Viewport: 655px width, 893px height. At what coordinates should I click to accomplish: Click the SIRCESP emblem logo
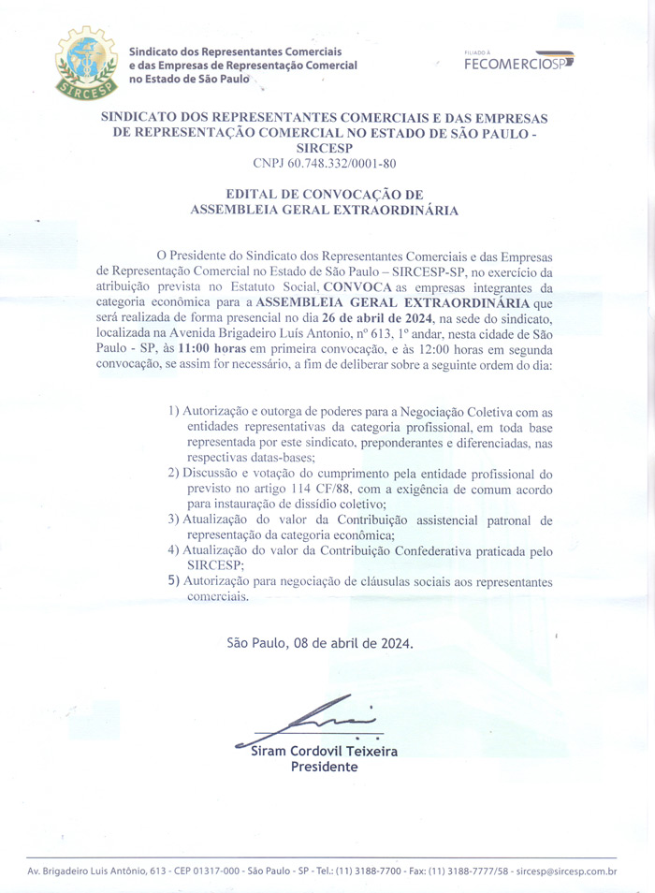pyautogui.click(x=86, y=63)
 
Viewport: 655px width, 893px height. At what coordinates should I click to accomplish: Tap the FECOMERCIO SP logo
pyautogui.click(x=517, y=62)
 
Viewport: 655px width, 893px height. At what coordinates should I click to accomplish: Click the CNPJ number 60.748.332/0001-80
pyautogui.click(x=324, y=164)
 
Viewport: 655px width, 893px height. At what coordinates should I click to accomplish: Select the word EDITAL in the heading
pyautogui.click(x=261, y=194)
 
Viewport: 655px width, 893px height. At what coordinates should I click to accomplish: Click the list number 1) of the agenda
pyautogui.click(x=174, y=412)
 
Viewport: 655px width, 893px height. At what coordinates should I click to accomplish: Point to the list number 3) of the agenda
pyautogui.click(x=174, y=520)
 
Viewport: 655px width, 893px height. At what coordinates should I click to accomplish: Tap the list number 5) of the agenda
pyautogui.click(x=174, y=581)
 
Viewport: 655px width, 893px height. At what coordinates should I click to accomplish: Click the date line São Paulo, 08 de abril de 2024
pyautogui.click(x=319, y=643)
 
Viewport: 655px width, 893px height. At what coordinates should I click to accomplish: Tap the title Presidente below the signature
pyautogui.click(x=324, y=767)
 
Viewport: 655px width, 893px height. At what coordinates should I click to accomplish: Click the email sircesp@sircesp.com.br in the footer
pyautogui.click(x=566, y=871)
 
